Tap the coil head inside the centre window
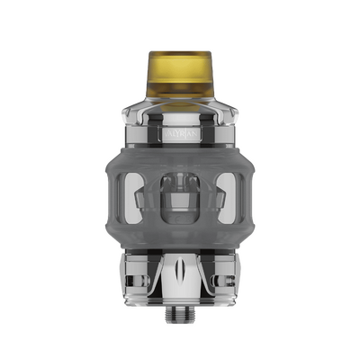[x=180, y=193]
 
